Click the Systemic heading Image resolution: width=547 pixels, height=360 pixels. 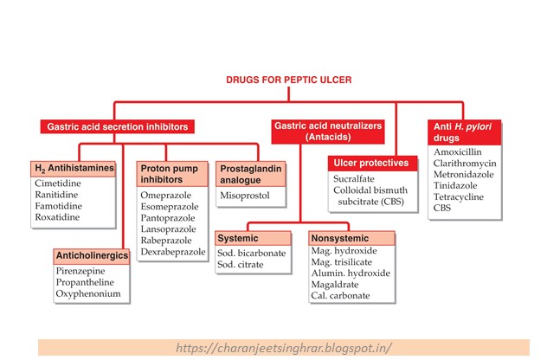(238, 238)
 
